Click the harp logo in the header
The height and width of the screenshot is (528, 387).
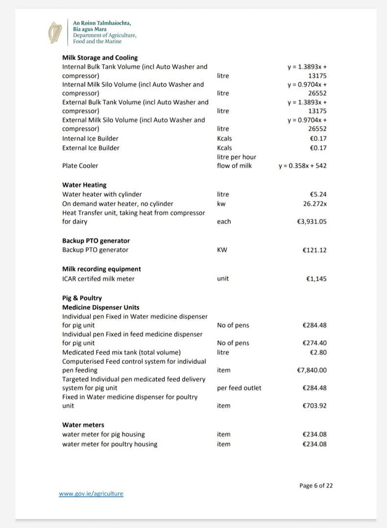pyautogui.click(x=56, y=32)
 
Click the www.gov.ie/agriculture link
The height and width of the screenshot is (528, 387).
pyautogui.click(x=91, y=494)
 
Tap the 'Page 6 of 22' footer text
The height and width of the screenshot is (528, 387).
pyautogui.click(x=316, y=485)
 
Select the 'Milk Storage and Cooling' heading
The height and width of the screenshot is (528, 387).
pyautogui.click(x=100, y=57)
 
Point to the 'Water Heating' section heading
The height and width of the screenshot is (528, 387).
pyautogui.click(x=84, y=185)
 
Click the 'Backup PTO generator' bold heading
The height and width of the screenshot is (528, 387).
pyautogui.click(x=96, y=240)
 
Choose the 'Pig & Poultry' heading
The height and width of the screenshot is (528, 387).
pyautogui.click(x=82, y=298)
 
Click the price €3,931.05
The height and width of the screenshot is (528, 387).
pyautogui.click(x=312, y=221)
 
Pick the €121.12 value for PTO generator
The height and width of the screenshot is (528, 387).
pyautogui.click(x=314, y=250)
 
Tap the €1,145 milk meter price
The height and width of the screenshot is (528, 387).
pyautogui.click(x=316, y=279)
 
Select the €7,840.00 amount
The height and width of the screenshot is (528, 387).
pyautogui.click(x=312, y=370)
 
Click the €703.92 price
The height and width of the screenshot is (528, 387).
pyautogui.click(x=314, y=406)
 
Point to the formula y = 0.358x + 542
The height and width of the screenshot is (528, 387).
pyautogui.click(x=302, y=166)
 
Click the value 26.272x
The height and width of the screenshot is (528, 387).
pyautogui.click(x=314, y=203)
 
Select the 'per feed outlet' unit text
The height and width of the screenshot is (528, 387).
pyautogui.click(x=239, y=388)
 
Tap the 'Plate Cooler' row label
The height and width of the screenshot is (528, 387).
pyautogui.click(x=80, y=166)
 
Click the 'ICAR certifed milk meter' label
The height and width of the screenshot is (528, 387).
pyautogui.click(x=98, y=279)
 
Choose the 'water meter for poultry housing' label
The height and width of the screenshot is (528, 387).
pyautogui.click(x=110, y=444)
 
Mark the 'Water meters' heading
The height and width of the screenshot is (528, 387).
pyautogui.click(x=83, y=425)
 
